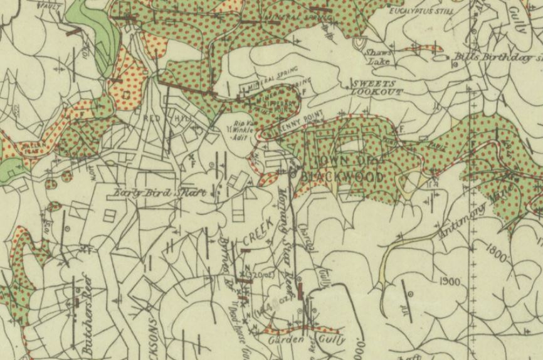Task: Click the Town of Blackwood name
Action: coord(342,171)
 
